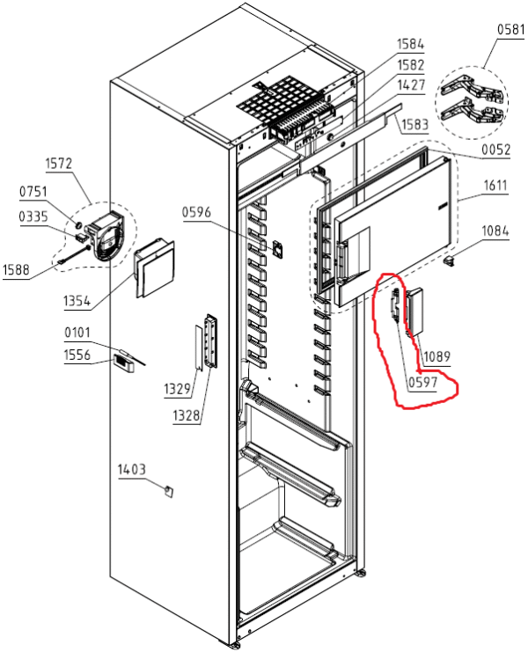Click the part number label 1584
tap(410, 44)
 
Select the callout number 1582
tap(410, 65)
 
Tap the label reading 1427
tap(411, 85)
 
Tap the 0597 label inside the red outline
tap(422, 382)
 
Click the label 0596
tap(198, 211)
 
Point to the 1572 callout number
tap(60, 164)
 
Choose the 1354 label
tap(77, 302)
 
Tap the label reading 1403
tap(132, 471)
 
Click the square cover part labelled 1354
tap(155, 268)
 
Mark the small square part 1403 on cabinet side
tap(167, 490)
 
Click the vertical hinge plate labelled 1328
tap(210, 339)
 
